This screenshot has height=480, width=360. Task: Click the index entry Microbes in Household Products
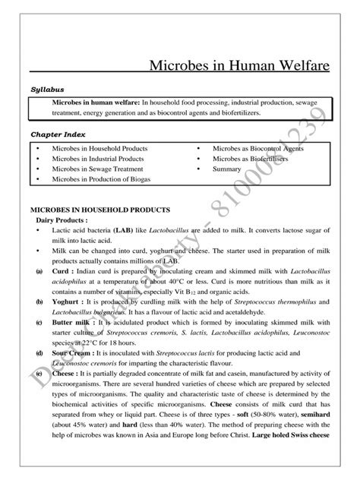(x=99, y=148)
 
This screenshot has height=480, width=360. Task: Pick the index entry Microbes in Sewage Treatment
(x=96, y=169)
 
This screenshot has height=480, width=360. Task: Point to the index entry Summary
(x=227, y=169)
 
